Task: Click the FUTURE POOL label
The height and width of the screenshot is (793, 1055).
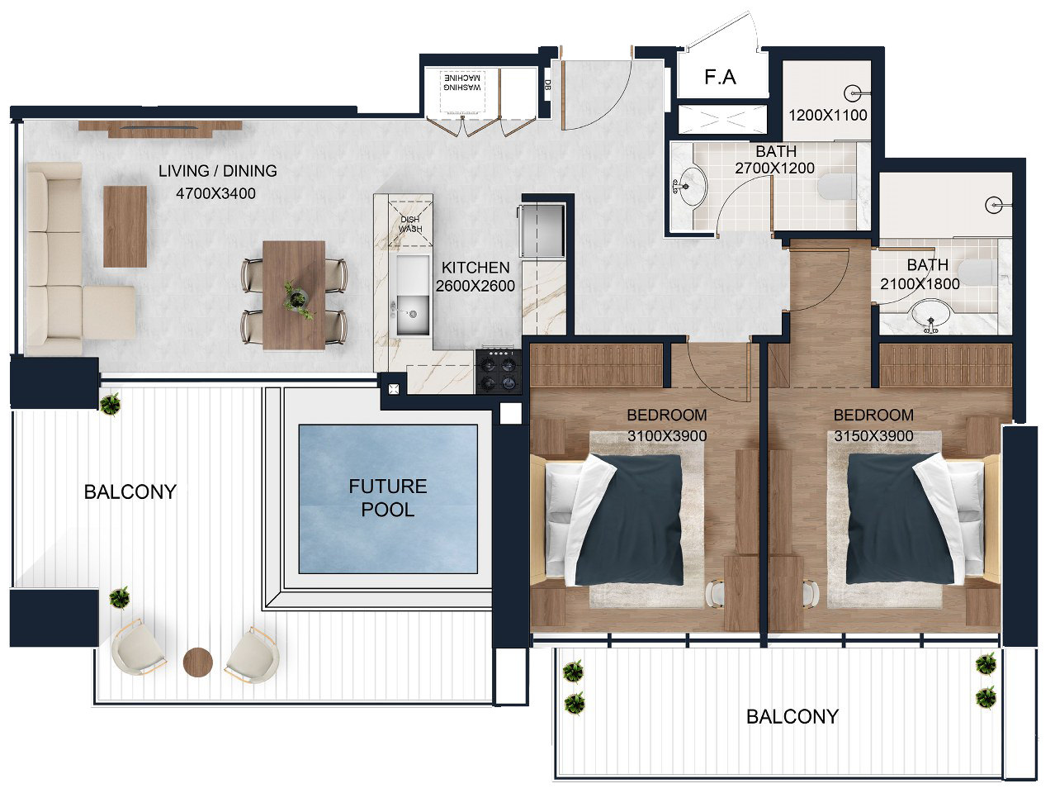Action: [388, 498]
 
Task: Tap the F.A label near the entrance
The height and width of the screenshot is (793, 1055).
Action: [720, 77]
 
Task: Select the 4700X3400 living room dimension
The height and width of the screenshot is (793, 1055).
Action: [215, 194]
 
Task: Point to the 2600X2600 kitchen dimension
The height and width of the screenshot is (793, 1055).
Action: [475, 286]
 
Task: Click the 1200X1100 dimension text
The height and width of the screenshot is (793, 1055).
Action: [828, 116]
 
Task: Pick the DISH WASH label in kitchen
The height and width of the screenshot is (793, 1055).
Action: [410, 224]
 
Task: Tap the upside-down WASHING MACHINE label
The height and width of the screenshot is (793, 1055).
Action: [462, 83]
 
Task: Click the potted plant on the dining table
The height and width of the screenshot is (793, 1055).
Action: [297, 299]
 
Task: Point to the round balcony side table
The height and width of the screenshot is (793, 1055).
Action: [198, 662]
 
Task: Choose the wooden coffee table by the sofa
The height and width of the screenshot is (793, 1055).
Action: [125, 226]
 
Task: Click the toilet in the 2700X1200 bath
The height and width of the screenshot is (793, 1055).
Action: [837, 187]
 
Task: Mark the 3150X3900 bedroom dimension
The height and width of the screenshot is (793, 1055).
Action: [873, 436]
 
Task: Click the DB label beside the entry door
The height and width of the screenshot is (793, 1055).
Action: [547, 85]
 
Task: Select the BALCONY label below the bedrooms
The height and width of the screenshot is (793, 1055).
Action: [792, 717]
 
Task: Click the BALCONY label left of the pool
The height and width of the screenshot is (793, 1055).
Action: [130, 492]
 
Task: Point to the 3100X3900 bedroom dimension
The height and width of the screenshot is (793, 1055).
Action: [667, 436]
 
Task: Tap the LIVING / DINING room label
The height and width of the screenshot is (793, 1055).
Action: [218, 171]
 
